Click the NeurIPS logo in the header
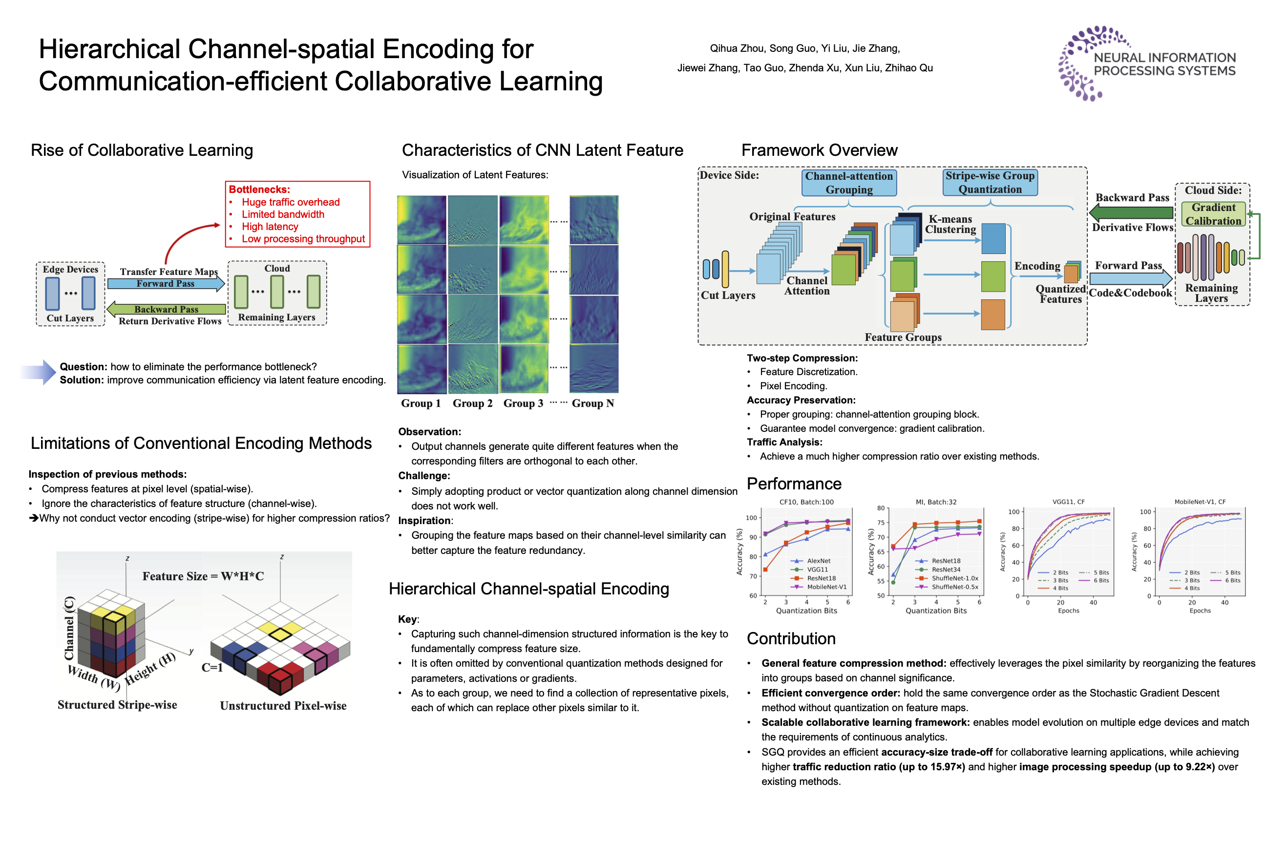1146,63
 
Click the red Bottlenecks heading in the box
259,190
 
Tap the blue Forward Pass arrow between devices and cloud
165,284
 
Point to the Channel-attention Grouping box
849,183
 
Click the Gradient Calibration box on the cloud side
1213,214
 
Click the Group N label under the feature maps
592,403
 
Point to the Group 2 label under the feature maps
472,403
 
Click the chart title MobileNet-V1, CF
1200,502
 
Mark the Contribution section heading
791,638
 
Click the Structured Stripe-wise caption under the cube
117,705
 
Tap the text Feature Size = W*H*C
203,576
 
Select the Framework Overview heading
819,150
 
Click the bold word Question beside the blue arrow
84,366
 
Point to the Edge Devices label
70,269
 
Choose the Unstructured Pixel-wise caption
283,706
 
